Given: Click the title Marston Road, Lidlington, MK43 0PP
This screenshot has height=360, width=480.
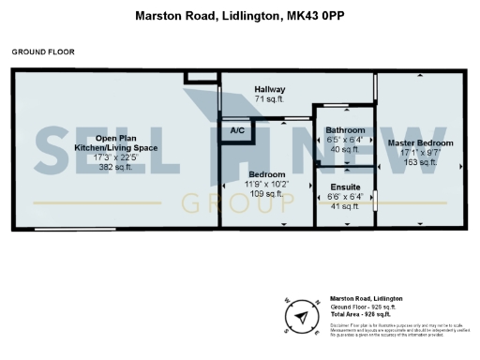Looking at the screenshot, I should tap(239, 16).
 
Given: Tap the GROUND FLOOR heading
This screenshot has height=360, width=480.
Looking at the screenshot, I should tap(43, 52).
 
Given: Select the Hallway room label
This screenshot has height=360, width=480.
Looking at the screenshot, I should tap(270, 89).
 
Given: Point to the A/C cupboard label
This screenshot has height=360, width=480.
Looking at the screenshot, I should tap(237, 132).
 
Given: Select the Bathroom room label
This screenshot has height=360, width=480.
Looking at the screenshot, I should tap(345, 130).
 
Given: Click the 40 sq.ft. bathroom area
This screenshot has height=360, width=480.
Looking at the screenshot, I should tap(345, 148).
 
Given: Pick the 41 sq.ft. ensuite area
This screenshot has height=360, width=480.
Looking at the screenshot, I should tap(345, 206).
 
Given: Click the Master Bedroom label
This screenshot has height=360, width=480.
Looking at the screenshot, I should tap(420, 143).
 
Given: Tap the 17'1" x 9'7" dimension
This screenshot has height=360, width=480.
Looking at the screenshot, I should tap(420, 153).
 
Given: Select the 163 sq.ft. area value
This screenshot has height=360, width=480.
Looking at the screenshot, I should tap(420, 162).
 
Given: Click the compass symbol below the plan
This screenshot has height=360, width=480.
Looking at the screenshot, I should tap(302, 317).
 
